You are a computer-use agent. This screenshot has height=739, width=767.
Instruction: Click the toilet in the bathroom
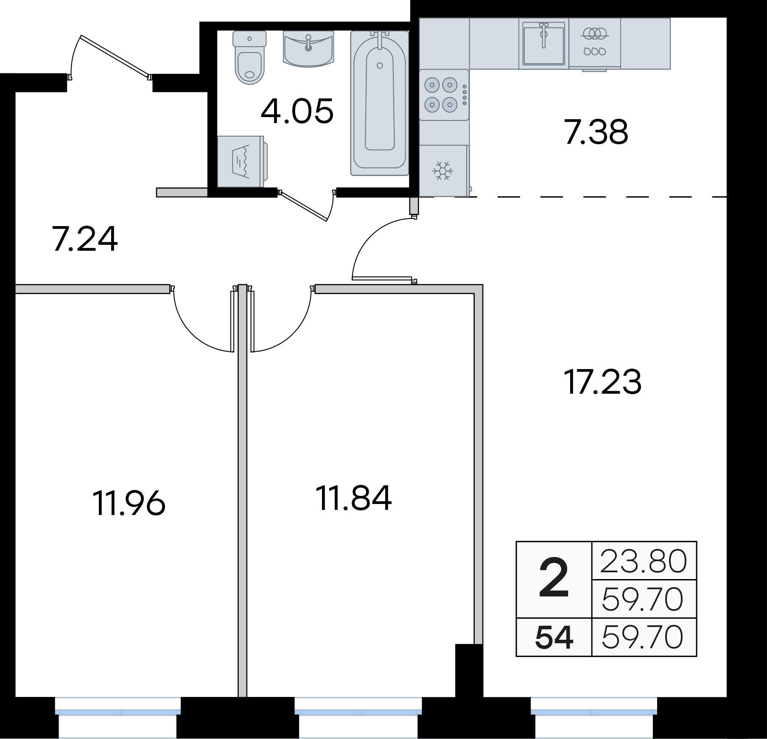click(249, 58)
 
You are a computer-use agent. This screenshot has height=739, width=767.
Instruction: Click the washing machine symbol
click(242, 161)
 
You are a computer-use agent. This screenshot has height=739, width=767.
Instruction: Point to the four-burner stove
click(444, 95)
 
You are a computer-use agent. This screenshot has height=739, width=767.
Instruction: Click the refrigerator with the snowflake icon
click(444, 171)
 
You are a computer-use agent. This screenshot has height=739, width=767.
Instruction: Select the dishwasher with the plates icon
click(594, 43)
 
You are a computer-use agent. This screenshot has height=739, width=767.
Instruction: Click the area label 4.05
click(297, 112)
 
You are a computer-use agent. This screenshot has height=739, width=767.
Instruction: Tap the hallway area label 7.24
click(85, 239)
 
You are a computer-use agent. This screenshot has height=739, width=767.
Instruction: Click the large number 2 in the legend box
click(554, 579)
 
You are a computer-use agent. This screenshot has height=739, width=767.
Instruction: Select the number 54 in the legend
click(554, 638)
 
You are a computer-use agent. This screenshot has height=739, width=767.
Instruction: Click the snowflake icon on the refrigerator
click(443, 171)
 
